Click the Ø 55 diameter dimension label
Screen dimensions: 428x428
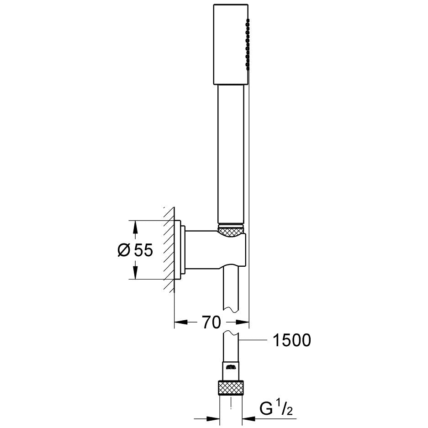pos(135,250)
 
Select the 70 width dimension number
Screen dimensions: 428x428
pos(211,322)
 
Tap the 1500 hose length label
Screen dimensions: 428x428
pos(292,340)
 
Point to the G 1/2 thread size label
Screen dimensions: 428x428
pos(276,409)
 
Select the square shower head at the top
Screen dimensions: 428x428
pos(231,44)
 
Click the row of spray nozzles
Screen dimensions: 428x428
pos(248,44)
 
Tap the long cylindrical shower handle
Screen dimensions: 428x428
pos(231,155)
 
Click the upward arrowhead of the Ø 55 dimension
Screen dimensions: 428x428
pos(135,227)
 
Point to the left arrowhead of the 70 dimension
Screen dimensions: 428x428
pos(181,322)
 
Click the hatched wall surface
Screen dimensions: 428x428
pos(169,249)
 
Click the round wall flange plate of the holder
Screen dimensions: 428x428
pos(178,250)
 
